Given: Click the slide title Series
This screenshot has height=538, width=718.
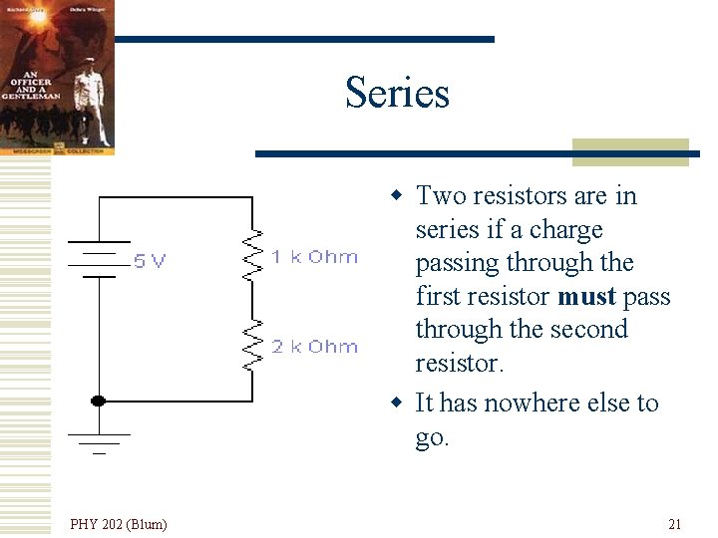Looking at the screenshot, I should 397,93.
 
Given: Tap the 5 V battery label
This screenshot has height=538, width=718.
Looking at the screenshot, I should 150,261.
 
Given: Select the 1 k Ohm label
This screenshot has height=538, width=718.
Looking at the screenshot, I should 314,257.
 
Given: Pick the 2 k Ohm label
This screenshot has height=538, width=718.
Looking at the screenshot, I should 314,347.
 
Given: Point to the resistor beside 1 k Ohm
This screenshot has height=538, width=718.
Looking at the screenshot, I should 253,257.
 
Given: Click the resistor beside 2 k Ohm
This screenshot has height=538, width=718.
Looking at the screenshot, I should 253,345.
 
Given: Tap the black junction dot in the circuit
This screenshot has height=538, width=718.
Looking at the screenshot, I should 98,401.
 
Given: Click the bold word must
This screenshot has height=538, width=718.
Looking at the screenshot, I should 586,297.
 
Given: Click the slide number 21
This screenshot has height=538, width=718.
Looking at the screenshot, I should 675,524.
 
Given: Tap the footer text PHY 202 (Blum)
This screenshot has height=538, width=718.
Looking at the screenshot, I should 119,524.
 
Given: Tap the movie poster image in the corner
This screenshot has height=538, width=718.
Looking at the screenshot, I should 57,77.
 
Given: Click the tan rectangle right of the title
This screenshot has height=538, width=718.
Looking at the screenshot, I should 630,151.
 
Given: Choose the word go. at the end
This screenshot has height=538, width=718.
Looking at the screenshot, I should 433,436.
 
